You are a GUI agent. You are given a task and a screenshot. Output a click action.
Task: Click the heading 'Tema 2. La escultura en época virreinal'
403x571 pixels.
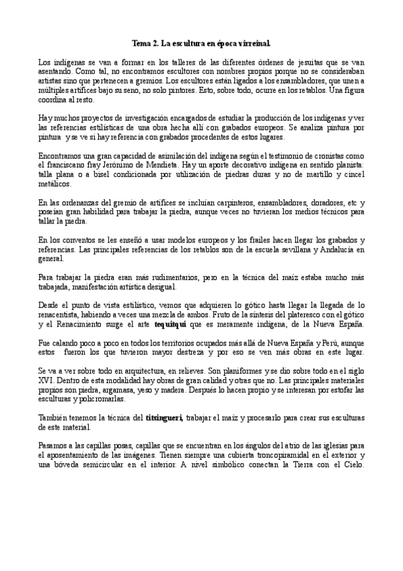(x=201, y=44)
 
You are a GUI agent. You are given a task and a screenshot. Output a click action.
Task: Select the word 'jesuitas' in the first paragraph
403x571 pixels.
(x=307, y=61)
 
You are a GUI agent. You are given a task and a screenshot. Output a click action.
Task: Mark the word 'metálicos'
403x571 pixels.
(x=54, y=182)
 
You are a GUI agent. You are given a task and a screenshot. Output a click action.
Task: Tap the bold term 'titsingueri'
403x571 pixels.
(x=164, y=418)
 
